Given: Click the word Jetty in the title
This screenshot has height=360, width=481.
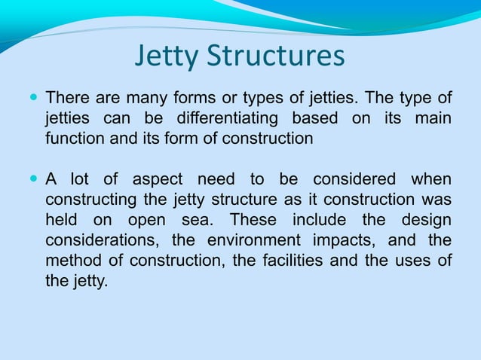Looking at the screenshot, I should [168, 57].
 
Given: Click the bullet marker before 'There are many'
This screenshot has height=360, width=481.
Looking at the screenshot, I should [33, 97].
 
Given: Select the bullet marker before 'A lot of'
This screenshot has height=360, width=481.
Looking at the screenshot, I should [33, 178].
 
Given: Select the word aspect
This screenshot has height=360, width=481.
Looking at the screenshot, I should [158, 179].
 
